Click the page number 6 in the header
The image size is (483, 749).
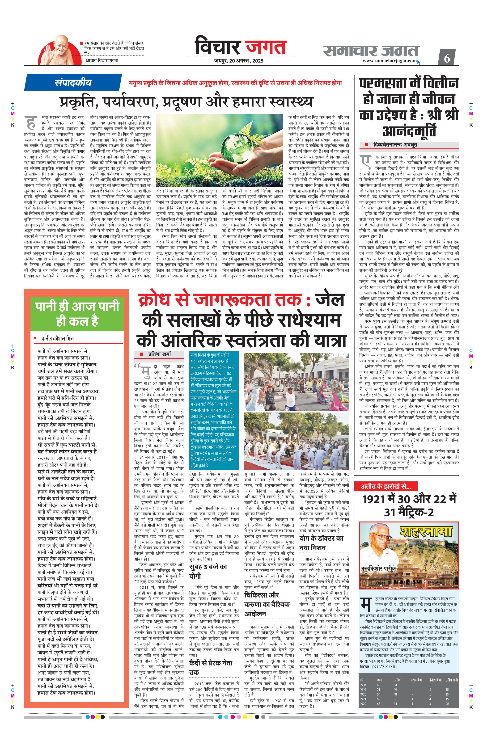point(447,58)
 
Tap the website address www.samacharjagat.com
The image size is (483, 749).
point(390,61)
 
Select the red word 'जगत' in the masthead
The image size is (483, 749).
point(266,47)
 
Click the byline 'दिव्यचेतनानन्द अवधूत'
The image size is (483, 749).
point(395,145)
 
